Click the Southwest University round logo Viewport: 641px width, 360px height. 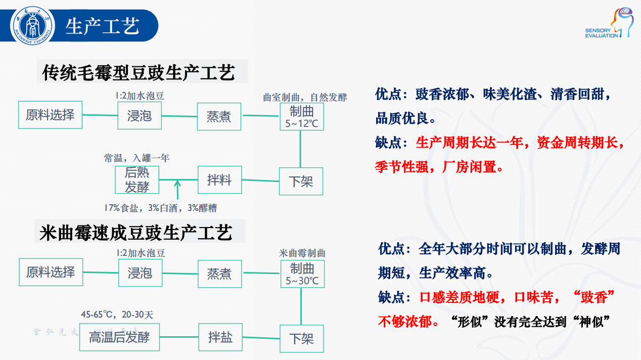point(33,25)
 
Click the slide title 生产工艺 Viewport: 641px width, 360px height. point(103,26)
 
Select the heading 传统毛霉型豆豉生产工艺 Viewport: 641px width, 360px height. point(139,72)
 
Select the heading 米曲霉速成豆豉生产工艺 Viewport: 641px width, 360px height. point(136,233)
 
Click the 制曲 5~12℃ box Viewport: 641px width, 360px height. point(302,116)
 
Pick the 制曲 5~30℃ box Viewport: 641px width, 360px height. point(302,274)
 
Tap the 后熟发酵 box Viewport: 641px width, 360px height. point(137,179)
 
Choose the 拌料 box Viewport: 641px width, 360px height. point(219,179)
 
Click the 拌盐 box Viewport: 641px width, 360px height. point(220,337)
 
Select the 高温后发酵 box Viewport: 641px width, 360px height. point(119,337)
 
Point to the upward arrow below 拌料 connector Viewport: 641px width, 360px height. point(177,190)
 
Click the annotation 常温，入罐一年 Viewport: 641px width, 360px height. point(136,158)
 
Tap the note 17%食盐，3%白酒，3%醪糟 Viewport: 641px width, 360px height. point(160,208)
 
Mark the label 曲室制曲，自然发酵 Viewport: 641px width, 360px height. point(305,97)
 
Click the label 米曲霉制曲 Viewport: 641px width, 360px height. point(302,253)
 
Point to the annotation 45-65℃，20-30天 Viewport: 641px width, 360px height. point(117,314)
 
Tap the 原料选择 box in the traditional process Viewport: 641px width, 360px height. point(50,115)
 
